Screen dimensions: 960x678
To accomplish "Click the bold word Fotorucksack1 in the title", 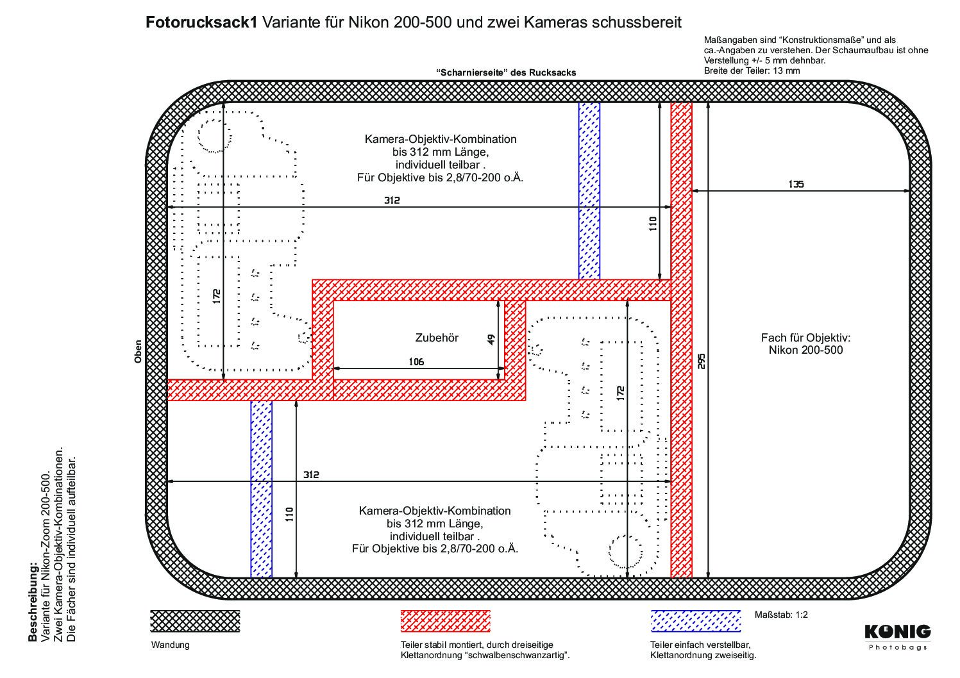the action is [x=201, y=22].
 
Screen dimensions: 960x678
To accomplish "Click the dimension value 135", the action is [x=796, y=184].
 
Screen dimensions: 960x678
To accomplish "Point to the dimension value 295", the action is [x=701, y=361].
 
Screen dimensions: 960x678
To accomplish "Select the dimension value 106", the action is [x=416, y=362].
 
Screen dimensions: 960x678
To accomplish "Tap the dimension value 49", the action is [x=491, y=340].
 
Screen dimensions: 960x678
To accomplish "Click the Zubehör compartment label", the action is [x=437, y=338].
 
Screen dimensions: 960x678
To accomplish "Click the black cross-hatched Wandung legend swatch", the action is [x=195, y=621].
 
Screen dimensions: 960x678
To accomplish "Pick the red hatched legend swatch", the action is [x=445, y=621].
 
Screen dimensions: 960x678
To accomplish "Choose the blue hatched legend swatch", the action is [x=696, y=621].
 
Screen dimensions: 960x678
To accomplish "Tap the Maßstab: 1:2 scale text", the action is [x=781, y=615].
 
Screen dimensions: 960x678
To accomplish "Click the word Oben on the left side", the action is [x=138, y=352].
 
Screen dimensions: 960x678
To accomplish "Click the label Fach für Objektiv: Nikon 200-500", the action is [x=805, y=343].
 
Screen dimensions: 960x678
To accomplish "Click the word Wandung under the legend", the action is [x=170, y=645].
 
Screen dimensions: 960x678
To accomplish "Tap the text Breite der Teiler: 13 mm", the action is [x=752, y=70].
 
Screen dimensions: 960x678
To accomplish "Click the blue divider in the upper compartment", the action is [x=589, y=191].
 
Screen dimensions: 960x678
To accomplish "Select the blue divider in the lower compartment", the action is [x=261, y=489].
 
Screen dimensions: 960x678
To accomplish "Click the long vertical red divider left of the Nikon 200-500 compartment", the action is [x=682, y=340].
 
